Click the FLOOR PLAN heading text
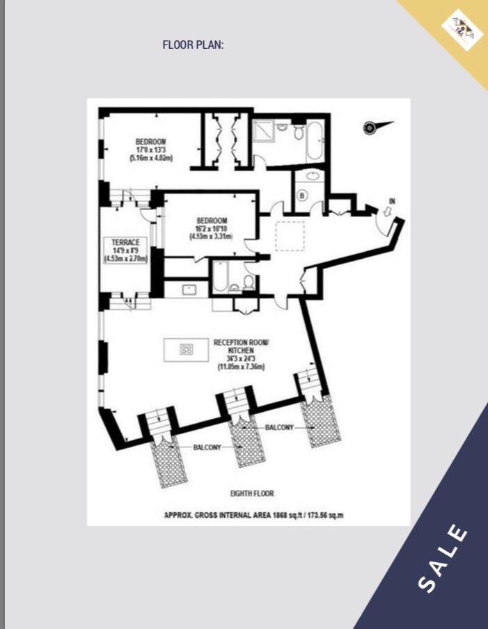click(193, 45)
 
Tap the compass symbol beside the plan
click(371, 127)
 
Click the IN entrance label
click(392, 201)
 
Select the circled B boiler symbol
click(301, 196)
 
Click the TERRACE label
click(126, 242)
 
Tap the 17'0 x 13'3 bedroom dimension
click(150, 150)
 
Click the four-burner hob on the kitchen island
click(187, 349)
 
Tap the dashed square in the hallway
click(290, 236)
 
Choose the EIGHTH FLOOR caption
click(252, 493)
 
